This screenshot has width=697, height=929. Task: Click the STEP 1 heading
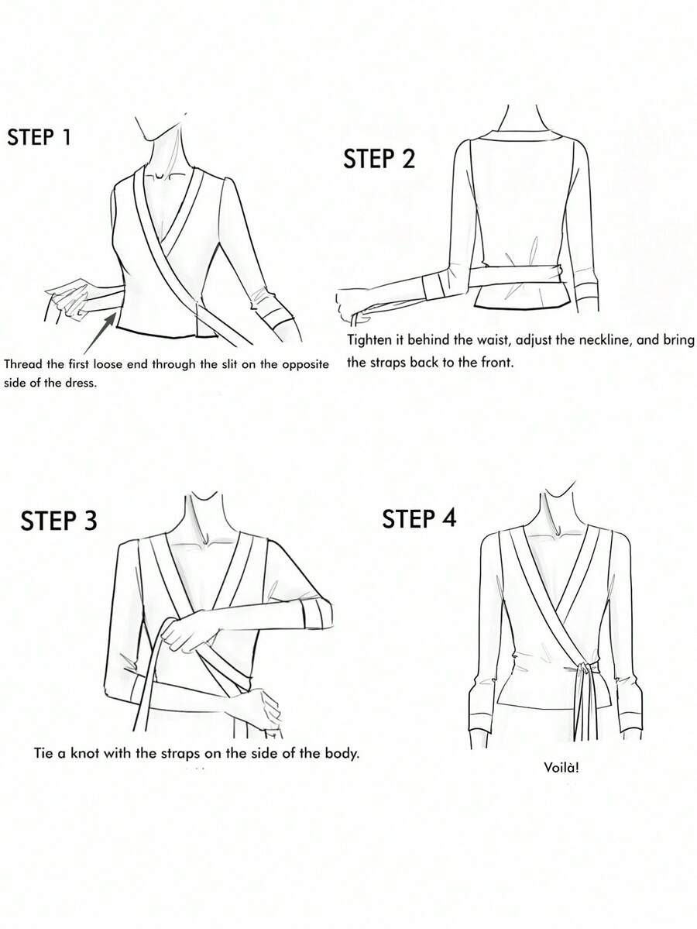[x=39, y=137]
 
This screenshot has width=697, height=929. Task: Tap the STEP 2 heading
[x=379, y=159]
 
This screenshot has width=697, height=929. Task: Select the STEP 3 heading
[x=59, y=520]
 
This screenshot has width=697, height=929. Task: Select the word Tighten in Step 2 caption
[x=368, y=341]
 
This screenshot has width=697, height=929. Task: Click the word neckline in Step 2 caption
[x=577, y=340]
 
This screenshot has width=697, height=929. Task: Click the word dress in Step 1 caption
[x=80, y=383]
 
